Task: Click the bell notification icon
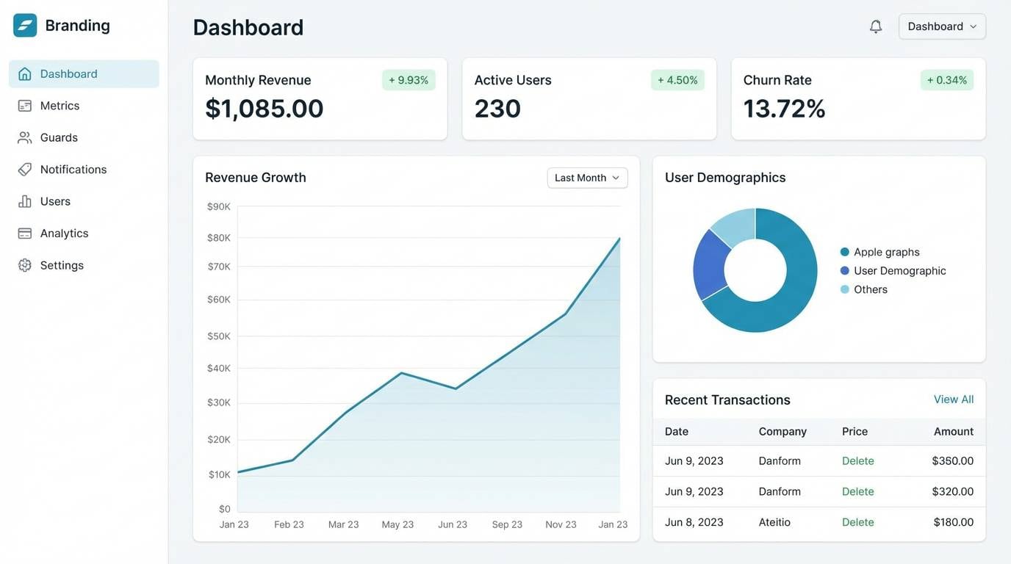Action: [x=875, y=26]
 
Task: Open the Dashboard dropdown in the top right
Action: [x=942, y=26]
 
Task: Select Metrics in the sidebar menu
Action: [x=60, y=106]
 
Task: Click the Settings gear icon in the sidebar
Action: [x=25, y=265]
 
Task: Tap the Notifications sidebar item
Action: [x=73, y=170]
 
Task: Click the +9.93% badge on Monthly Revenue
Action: [x=409, y=80]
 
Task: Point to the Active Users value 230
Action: [x=497, y=109]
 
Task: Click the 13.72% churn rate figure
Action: [x=784, y=109]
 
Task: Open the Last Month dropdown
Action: [x=587, y=178]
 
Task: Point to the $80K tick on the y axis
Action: [x=219, y=238]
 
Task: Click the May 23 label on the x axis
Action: [x=397, y=524]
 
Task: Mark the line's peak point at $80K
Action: [x=619, y=239]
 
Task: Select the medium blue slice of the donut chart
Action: [x=710, y=263]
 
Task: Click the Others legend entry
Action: [x=870, y=289]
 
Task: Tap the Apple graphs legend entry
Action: [x=886, y=252]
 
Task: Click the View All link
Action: [x=953, y=399]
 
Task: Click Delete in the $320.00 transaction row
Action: [x=857, y=491]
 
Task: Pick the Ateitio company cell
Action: [x=774, y=522]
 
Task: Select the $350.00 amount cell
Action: [x=952, y=461]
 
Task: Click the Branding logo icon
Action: [x=25, y=26]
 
